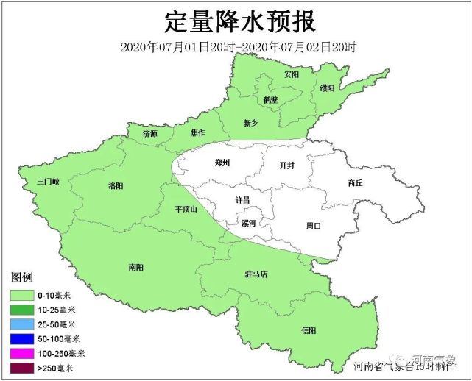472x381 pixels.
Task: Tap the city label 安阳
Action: (292, 75)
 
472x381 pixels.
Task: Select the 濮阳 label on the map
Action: (328, 88)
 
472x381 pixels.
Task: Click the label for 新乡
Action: (251, 122)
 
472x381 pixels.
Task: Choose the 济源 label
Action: (150, 134)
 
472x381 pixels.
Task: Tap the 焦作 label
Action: (197, 133)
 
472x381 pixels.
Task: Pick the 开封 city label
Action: (287, 166)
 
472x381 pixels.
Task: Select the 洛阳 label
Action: (116, 185)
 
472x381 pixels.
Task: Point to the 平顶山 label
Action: (188, 209)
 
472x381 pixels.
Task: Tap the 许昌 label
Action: (242, 200)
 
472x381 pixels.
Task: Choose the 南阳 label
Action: (136, 266)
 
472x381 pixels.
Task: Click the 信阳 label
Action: (310, 330)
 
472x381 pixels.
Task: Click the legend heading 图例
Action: (22, 277)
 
